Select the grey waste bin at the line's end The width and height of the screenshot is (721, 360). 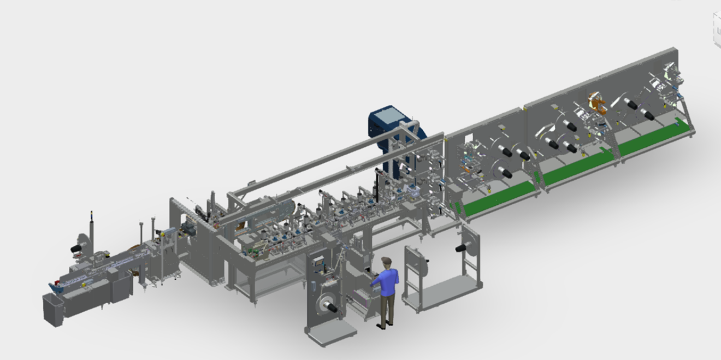point(53,309)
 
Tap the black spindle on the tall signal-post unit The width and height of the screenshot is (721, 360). point(76,249)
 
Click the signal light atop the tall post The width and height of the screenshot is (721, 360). point(91,214)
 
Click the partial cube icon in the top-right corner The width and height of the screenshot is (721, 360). point(717,30)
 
